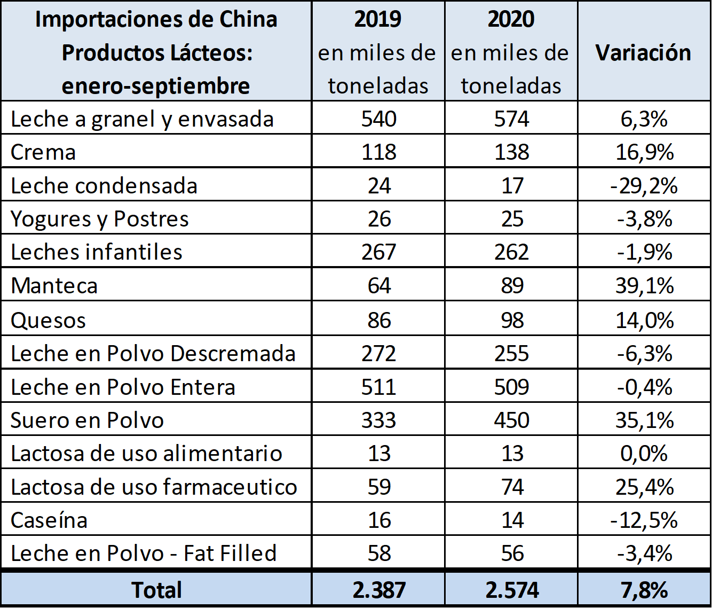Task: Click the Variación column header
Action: tap(643, 53)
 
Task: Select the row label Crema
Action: tap(43, 152)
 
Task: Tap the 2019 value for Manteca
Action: tap(379, 286)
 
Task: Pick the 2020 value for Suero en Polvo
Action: tap(511, 420)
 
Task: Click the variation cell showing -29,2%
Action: tap(644, 186)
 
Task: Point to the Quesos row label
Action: tap(49, 321)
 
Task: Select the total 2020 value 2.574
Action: tap(512, 590)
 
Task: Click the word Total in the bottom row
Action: tap(156, 590)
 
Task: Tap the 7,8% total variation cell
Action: tap(644, 590)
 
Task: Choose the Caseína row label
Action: tap(49, 520)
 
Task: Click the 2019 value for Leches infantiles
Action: tap(379, 252)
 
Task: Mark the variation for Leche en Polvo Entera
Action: tap(644, 387)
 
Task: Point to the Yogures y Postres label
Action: tap(100, 219)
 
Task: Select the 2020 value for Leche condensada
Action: tap(512, 186)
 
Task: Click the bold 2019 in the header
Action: tap(378, 19)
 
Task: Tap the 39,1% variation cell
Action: tap(644, 286)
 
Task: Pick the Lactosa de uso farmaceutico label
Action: tap(154, 487)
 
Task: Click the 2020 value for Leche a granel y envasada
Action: tap(511, 119)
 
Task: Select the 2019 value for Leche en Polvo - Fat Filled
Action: tap(379, 553)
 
